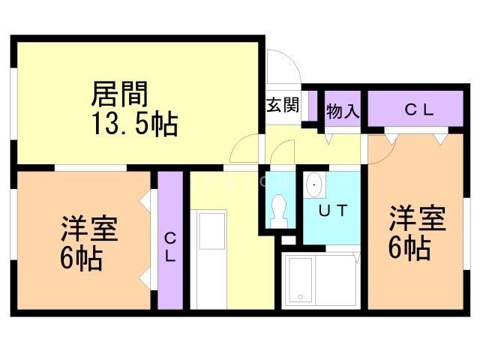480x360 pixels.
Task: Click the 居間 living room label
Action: pos(119,94)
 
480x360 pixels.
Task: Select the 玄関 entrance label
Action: pos(282,104)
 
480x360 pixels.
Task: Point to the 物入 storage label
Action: pos(343,112)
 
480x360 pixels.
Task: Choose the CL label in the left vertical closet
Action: pos(170,247)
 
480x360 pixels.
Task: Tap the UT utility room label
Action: pos(332,210)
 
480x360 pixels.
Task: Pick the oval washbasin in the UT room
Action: pos(314,184)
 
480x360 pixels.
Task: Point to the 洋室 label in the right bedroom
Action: pos(417,217)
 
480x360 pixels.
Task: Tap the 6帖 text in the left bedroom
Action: pos(82,259)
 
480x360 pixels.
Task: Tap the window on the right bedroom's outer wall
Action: pos(464,225)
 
